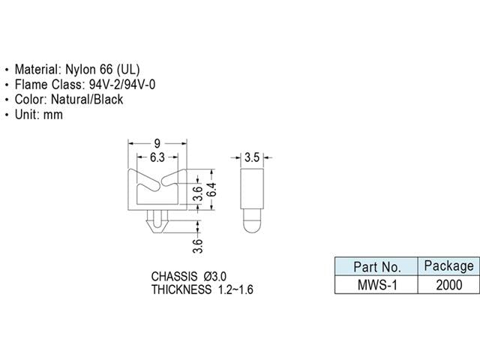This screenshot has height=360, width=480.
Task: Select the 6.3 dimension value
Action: point(157,157)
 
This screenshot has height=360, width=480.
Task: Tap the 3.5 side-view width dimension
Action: point(252,157)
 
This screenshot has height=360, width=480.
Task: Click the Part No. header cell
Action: point(376,266)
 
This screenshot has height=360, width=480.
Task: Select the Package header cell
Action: point(448,265)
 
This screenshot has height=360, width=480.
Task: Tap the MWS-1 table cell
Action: point(376,284)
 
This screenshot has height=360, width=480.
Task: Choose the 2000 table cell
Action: point(448,284)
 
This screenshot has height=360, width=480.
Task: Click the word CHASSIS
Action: point(175,276)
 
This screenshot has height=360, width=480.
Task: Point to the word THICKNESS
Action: point(181,289)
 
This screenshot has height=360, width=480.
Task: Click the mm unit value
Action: point(53,115)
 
